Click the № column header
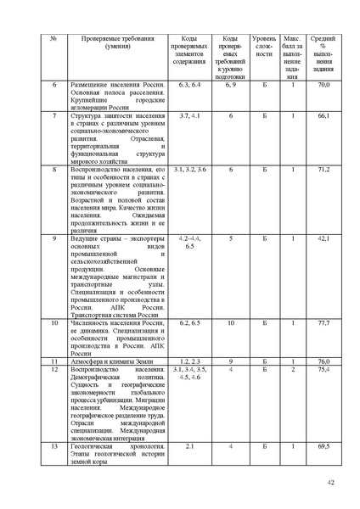click(x=54, y=40)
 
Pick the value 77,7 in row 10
click(x=323, y=323)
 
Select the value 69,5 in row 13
click(x=323, y=445)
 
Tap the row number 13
click(x=54, y=445)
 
